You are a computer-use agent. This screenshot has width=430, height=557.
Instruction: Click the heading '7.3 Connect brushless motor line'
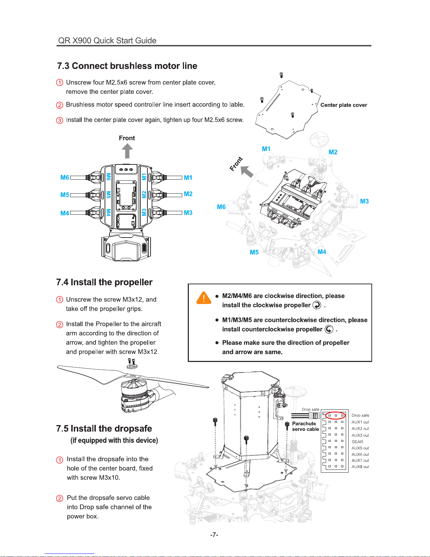coord(127,66)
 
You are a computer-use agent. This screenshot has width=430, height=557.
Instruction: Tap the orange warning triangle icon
coord(204,298)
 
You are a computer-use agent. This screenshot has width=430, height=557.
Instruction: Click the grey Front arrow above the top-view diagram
coord(127,151)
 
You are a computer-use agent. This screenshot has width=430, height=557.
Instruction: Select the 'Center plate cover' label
coord(344,105)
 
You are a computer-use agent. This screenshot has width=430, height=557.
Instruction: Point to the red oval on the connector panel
coord(335,415)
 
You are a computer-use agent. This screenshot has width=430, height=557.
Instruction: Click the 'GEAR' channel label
coord(357,442)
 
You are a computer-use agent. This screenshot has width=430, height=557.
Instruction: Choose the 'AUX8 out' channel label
coord(360,467)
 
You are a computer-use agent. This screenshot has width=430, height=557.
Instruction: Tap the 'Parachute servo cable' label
coord(306,426)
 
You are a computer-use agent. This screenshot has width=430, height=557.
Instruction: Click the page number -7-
coord(214,535)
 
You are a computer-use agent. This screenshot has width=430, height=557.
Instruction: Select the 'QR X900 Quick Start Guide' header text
coord(107,40)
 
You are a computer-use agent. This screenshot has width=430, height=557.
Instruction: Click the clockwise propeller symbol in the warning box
coord(317,305)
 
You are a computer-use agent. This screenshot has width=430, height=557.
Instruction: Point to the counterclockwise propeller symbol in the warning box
coord(329,329)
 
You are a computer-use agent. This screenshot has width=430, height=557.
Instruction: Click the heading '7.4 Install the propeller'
coord(104,282)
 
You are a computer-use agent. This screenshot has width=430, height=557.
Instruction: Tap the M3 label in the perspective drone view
coord(364,201)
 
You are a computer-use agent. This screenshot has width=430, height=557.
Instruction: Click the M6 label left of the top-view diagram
coord(65,177)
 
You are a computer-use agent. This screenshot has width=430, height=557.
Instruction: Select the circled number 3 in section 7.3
coord(59,120)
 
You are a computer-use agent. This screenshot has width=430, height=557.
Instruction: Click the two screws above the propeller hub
coord(132,362)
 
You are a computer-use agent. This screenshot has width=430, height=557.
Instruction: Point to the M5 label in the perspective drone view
coord(254,252)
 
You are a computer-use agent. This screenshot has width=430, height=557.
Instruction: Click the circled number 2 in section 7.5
coord(59,498)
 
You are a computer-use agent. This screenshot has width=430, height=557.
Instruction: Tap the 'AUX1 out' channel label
coord(360,422)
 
